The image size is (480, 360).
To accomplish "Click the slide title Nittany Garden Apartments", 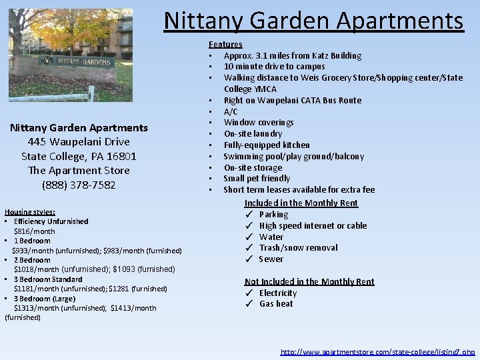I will coord(313,21).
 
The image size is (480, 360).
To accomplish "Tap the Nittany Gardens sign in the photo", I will coord(76,62).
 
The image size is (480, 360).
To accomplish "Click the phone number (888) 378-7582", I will coord(79,185).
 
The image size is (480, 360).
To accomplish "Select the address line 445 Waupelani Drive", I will coord(79,141).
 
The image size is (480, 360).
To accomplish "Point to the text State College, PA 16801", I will coord(79,156).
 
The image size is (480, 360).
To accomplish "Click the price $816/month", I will coord(34,231).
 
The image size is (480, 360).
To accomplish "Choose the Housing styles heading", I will coord(30,211).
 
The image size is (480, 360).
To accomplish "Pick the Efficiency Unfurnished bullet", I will coord(51,221).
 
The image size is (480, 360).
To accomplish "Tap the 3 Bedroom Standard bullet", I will coord(48,279).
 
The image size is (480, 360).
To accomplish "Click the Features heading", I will coord(225,44).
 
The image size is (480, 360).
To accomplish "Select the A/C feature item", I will coord(231,111).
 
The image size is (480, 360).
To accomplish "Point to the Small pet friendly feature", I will coord(257,179).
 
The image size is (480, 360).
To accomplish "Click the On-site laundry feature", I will coord(253,134).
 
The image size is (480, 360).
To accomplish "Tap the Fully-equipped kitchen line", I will coord(267,145).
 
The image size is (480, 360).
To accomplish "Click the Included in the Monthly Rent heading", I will coord(301,203).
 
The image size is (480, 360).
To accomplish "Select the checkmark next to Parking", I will coord(248,215).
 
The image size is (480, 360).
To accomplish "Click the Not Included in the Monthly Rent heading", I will coord(309,282).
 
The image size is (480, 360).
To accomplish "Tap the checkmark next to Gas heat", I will coord(248,304).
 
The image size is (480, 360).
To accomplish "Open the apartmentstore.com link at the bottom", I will coord(377,351).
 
